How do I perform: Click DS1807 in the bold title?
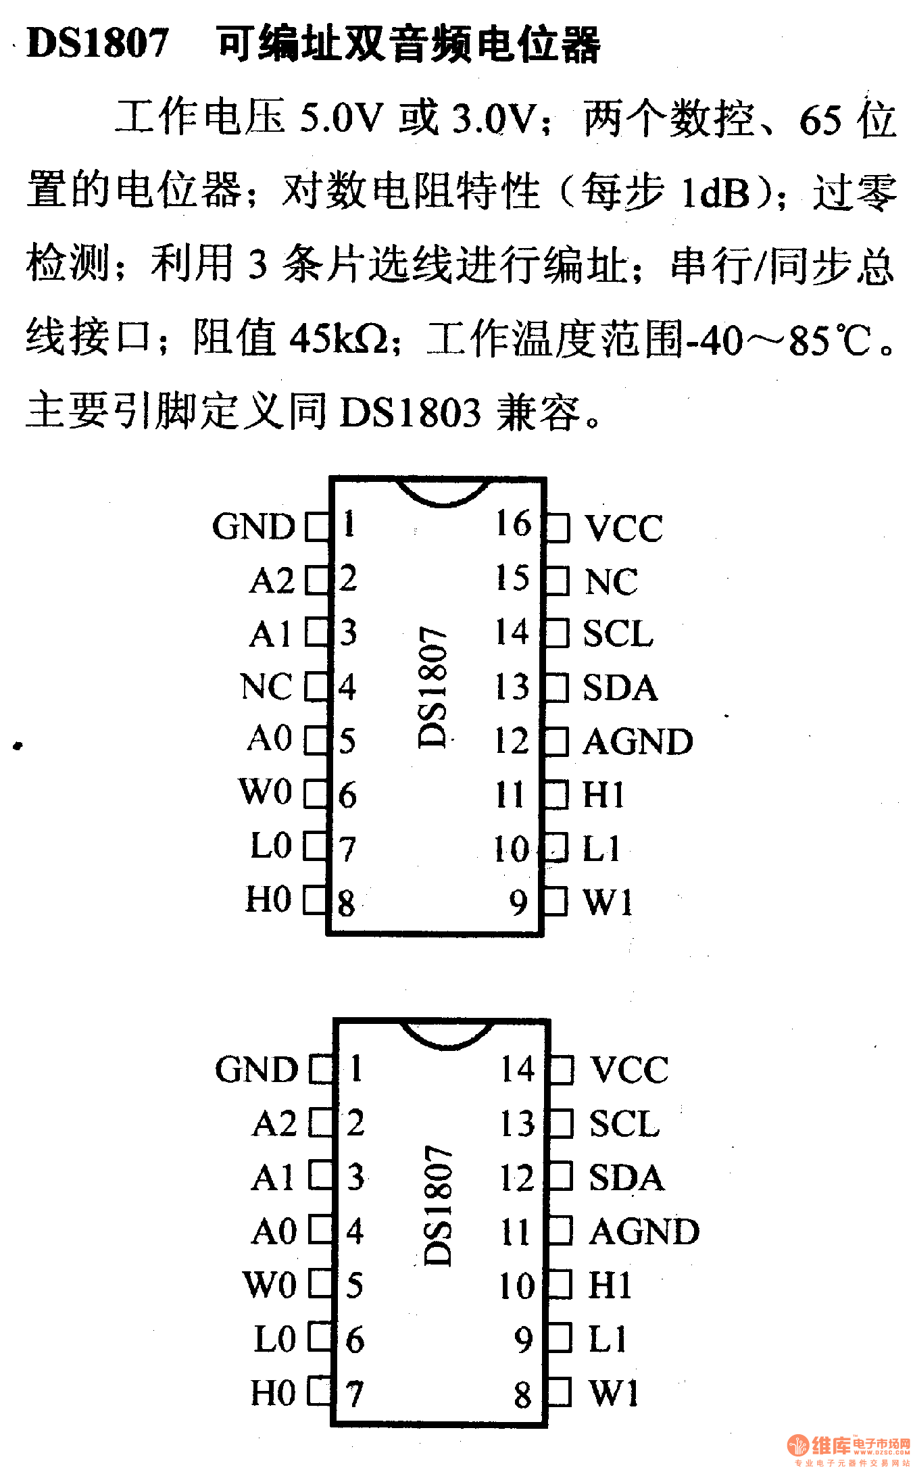coord(97,43)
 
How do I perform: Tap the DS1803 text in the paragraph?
coord(410,412)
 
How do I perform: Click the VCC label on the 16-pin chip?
coord(623,528)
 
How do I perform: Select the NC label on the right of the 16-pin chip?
coord(610,581)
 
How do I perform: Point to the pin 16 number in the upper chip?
coord(514,523)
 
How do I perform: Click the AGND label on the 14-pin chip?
coord(644,1231)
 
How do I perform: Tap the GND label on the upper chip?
coord(253,526)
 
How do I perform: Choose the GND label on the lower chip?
coord(257,1069)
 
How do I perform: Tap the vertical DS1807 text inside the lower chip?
coord(438,1204)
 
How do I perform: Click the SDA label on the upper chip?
coord(620,688)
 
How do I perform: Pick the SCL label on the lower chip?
coord(624,1123)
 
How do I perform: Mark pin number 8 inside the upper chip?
coord(347,903)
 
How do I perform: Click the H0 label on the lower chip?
coord(273,1392)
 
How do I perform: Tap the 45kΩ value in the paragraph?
coord(340,339)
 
